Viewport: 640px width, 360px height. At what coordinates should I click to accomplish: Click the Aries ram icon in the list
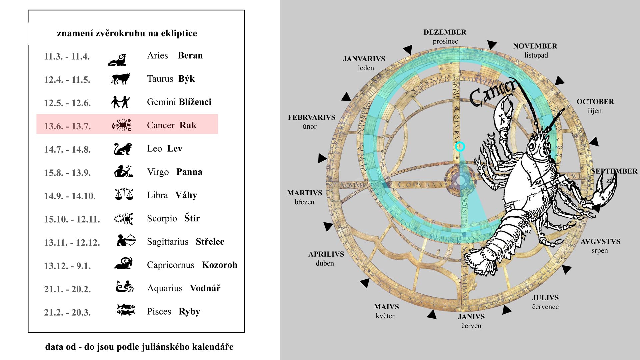pyautogui.click(x=117, y=60)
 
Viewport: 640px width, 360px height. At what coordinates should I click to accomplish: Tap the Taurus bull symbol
pyautogui.click(x=120, y=79)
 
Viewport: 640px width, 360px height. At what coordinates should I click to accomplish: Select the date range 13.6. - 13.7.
pyautogui.click(x=67, y=126)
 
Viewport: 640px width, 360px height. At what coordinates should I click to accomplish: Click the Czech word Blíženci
pyautogui.click(x=195, y=102)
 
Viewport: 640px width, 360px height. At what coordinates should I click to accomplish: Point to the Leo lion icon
pyautogui.click(x=123, y=149)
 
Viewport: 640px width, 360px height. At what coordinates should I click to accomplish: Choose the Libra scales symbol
pyautogui.click(x=124, y=194)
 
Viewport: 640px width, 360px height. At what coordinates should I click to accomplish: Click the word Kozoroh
pyautogui.click(x=219, y=265)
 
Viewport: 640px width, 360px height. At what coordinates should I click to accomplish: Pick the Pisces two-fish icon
pyautogui.click(x=126, y=310)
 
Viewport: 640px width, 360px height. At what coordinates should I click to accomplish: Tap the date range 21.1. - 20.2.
pyautogui.click(x=67, y=289)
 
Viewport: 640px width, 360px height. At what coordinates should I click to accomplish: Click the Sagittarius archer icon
pyautogui.click(x=126, y=240)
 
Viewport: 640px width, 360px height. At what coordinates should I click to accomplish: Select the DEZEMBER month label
pyautogui.click(x=445, y=32)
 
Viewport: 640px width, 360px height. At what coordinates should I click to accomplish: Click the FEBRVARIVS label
pyautogui.click(x=311, y=117)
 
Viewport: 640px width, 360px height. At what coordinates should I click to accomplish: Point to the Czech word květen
pyautogui.click(x=386, y=316)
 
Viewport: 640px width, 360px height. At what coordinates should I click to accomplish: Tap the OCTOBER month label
pyautogui.click(x=595, y=102)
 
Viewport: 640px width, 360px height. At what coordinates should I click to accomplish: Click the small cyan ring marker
pyautogui.click(x=460, y=147)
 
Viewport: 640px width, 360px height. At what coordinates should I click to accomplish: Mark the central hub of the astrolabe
pyautogui.click(x=460, y=180)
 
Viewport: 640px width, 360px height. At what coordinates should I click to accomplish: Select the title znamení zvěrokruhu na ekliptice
pyautogui.click(x=127, y=33)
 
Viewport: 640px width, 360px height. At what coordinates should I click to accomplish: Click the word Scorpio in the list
pyautogui.click(x=162, y=218)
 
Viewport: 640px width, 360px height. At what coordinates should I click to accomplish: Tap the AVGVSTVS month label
pyautogui.click(x=600, y=242)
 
